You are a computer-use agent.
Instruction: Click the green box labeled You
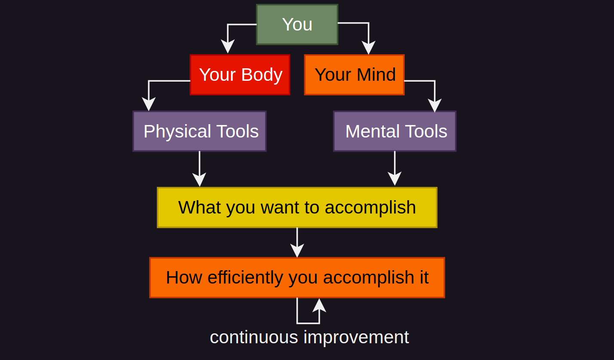point(297,24)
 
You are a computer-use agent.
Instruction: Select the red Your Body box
point(240,75)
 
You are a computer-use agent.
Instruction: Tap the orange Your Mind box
point(354,75)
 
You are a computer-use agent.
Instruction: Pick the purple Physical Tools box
point(199,131)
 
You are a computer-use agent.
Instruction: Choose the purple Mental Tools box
point(395,131)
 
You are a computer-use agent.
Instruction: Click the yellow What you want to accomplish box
point(297,207)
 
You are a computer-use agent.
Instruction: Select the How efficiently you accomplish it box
point(297,278)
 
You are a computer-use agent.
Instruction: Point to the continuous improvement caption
point(309,337)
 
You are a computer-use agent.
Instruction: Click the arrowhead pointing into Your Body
point(227,46)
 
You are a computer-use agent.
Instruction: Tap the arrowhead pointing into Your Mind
point(368,48)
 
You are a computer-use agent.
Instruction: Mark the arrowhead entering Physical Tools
point(149,104)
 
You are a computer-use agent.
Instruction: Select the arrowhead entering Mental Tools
point(435,106)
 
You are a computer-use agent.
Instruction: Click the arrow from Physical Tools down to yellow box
point(199,169)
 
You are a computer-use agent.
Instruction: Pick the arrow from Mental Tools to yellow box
point(395,168)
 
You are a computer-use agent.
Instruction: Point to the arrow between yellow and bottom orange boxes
point(297,242)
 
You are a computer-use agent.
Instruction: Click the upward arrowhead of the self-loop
point(319,305)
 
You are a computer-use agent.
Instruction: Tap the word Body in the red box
point(262,75)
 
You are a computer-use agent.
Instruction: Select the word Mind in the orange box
point(376,74)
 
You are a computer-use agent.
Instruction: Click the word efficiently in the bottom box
point(245,278)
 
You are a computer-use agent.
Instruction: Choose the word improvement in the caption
point(356,337)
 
